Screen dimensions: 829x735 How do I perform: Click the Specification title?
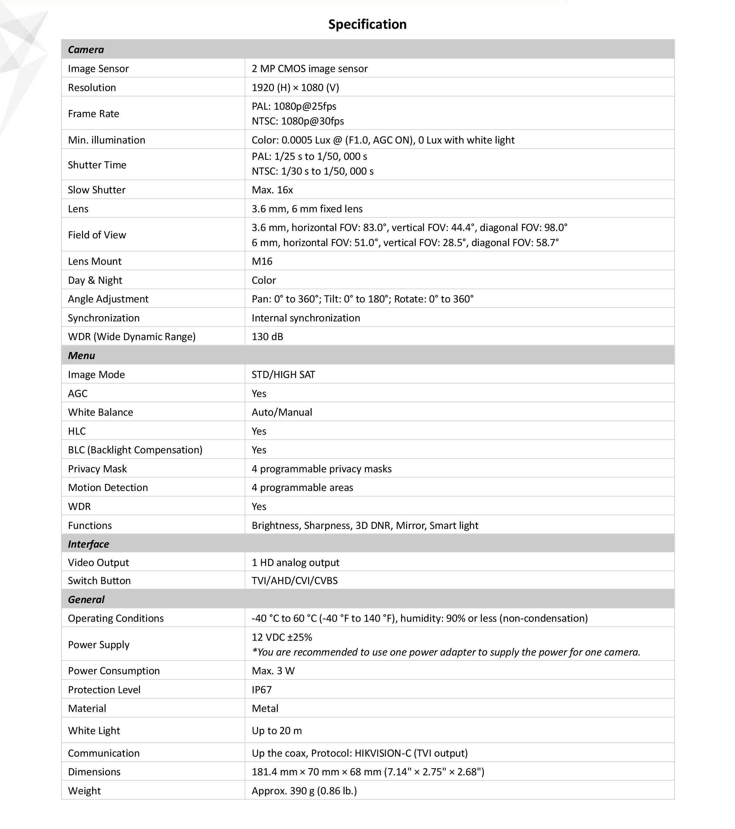coord(367,24)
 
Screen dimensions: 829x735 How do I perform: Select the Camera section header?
coord(86,50)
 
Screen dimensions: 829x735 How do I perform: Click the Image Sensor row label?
coord(98,68)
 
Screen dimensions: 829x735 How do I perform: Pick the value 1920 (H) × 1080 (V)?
coord(295,87)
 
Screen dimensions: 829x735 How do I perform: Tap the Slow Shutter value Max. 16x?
coord(272,190)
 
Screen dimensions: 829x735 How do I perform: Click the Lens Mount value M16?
coord(262,261)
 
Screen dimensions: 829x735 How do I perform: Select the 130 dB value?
coord(267,337)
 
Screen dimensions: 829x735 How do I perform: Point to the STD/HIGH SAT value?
coord(283,374)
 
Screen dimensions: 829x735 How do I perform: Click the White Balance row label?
coord(100,412)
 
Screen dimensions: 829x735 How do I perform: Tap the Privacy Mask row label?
coord(97,469)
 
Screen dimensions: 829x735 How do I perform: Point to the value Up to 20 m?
coord(277,731)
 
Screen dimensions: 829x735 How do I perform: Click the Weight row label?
coord(84,790)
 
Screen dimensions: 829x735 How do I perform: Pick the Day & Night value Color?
coord(264,280)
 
